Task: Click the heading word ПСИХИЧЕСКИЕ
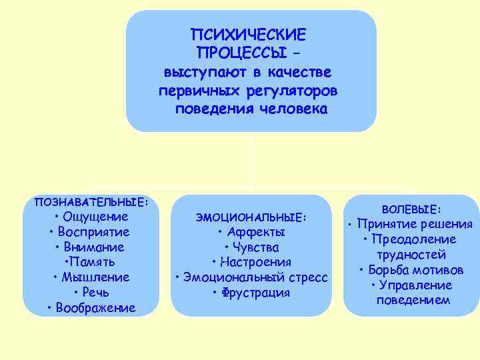tap(248, 33)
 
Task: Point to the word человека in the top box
tap(294, 109)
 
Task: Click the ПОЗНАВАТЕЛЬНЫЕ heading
tap(91, 202)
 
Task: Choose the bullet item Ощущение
tap(95, 217)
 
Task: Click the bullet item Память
tap(93, 262)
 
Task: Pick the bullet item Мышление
tap(95, 277)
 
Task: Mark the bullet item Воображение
tap(95, 307)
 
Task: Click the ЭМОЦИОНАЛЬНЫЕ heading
tap(251, 217)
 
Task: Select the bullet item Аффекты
tap(255, 232)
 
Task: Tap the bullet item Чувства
tap(255, 247)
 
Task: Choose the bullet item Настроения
tap(255, 262)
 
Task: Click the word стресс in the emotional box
tap(307, 277)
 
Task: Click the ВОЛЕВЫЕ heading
tap(411, 209)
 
